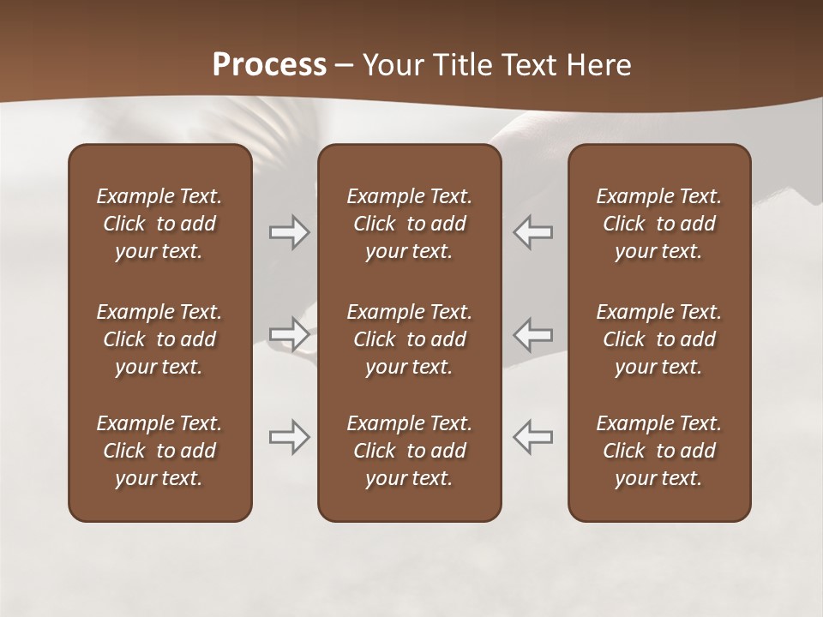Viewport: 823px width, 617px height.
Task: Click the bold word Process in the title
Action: coord(269,65)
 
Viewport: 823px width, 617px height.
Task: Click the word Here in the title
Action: coord(600,65)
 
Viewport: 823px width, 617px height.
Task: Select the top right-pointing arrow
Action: coord(290,232)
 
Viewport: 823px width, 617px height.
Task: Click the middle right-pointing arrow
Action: coord(290,333)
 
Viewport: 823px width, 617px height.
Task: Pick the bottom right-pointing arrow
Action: coord(290,437)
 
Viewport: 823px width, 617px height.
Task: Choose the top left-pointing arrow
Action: coord(533,232)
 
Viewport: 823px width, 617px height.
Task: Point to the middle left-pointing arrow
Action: coord(533,333)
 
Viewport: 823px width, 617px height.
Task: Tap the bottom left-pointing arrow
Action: coord(533,437)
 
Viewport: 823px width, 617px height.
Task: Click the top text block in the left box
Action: coord(159,224)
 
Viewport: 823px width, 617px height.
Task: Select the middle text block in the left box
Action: coord(159,339)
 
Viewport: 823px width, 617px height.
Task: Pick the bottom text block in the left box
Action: coord(159,451)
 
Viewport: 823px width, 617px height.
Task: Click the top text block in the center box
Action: coord(410,224)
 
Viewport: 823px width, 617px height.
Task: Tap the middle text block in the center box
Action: coord(410,339)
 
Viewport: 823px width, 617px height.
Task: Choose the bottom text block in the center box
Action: coord(410,451)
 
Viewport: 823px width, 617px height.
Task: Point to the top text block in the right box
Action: coord(659,224)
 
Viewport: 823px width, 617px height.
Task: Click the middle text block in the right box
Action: coord(659,339)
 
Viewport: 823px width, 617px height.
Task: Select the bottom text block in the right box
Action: coord(659,451)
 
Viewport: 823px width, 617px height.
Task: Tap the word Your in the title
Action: coord(391,65)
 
